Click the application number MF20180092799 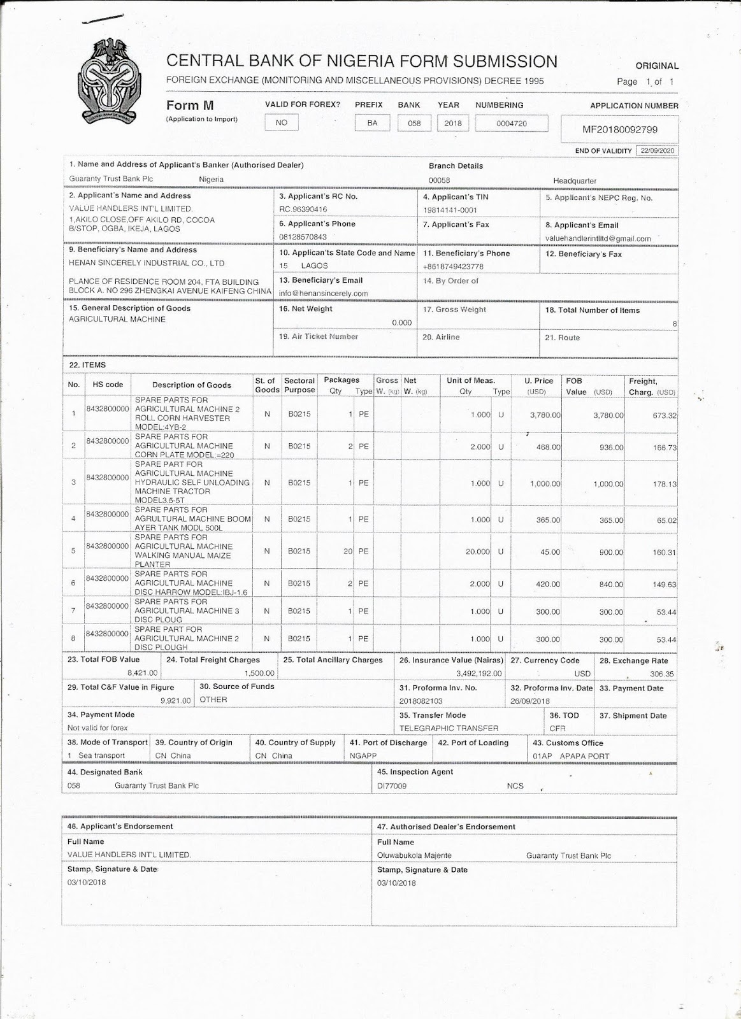619,130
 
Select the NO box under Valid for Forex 282,123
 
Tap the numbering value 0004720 512,124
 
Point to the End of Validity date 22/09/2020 656,151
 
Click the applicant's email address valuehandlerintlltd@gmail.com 598,239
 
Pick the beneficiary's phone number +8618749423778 453,267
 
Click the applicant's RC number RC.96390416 303,210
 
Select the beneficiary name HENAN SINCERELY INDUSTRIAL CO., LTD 147,263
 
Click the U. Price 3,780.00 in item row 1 545,415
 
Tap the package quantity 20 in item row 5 348,552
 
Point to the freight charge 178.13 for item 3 665,484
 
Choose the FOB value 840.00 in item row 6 611,585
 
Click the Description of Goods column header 191,385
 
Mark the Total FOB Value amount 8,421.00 143,673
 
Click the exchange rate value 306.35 661,674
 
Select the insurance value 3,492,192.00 478,674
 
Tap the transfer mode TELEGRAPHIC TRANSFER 449,729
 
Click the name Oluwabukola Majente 414,856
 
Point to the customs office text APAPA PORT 584,757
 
